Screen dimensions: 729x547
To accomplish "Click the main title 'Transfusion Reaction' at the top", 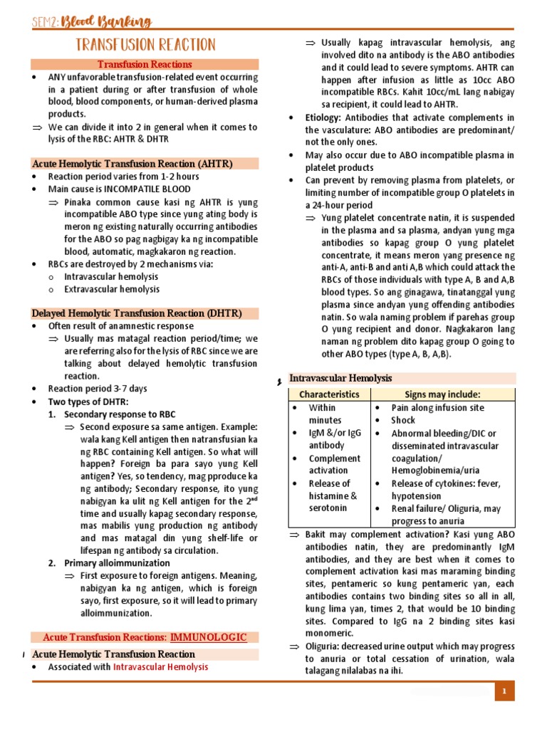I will pos(145,46).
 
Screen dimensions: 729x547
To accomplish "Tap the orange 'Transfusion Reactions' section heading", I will pos(145,65).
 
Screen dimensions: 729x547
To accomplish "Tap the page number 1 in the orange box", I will pos(504,691).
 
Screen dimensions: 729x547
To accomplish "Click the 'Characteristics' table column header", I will pos(329,394).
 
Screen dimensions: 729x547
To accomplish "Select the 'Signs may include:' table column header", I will pos(442,394).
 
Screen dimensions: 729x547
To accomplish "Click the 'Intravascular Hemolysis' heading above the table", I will pos(340,378).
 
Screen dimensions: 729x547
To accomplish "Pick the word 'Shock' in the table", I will pos(403,420).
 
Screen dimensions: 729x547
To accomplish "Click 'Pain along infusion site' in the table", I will pos(437,408).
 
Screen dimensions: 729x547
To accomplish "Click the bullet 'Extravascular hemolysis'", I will pos(112,289).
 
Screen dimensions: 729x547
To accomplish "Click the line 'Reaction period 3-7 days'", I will pos(98,389).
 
